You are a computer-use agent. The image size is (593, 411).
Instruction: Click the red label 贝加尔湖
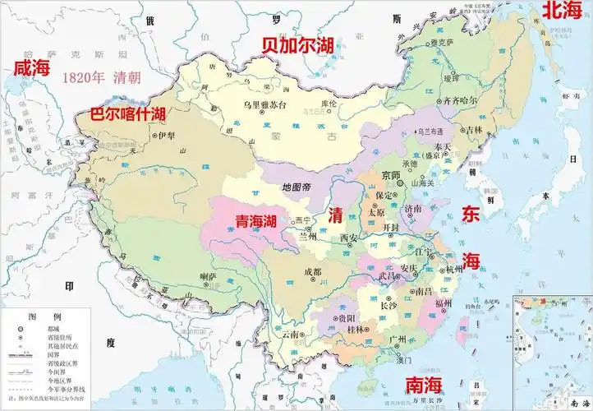point(296,45)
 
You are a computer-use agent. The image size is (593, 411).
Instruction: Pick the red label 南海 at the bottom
point(424,385)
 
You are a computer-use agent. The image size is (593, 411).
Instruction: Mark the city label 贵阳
point(346,317)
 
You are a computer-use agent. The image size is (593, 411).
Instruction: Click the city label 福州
point(444,303)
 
